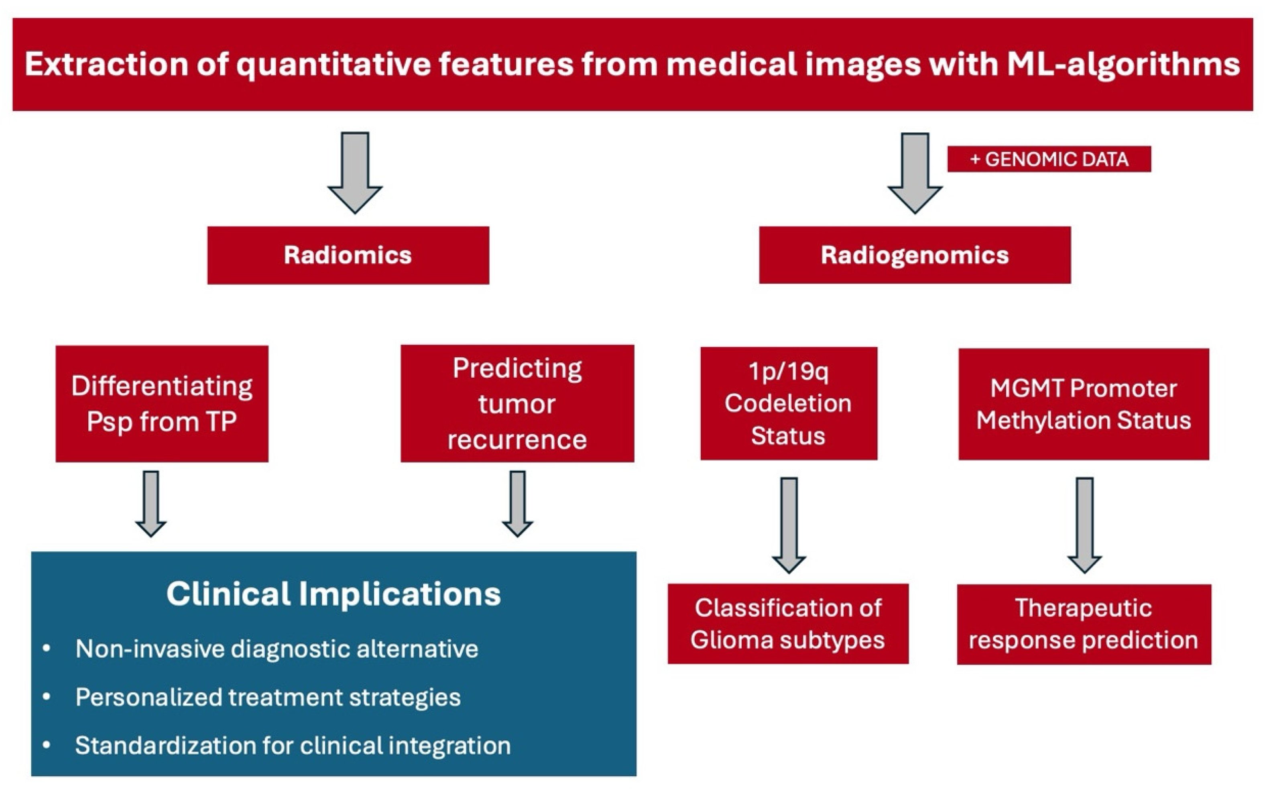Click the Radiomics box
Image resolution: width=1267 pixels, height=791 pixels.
348,255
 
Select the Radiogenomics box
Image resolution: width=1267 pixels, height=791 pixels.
914,255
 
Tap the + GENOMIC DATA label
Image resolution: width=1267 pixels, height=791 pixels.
1049,159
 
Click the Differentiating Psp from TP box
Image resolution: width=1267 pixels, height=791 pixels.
162,403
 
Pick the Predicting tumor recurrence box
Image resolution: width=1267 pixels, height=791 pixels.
517,403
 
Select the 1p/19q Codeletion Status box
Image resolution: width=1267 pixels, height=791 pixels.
788,403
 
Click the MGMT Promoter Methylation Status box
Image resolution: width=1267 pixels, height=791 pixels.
1083,404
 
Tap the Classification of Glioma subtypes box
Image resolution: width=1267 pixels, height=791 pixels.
788,624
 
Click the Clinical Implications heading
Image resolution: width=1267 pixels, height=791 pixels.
333,594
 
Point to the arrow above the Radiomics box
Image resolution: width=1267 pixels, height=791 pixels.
355,173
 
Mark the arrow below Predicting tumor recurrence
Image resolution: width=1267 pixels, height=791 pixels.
517,503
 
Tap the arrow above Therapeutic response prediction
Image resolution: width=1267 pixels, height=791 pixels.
1084,525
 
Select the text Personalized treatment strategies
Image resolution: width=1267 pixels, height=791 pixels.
268,697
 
